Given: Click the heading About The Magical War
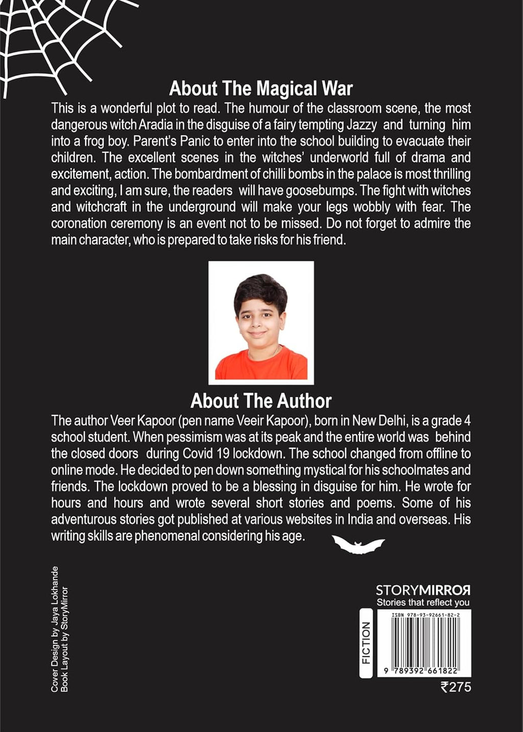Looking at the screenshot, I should [261, 88].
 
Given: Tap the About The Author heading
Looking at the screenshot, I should [261, 401].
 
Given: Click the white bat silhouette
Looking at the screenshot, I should [358, 545].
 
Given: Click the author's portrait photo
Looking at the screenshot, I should [261, 322].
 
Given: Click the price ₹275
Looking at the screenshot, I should [456, 687].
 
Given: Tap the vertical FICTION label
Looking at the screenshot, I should [366, 643].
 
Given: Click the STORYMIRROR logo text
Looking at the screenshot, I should [423, 591].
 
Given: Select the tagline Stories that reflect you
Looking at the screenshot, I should [423, 603].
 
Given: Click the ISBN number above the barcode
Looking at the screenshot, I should [425, 615].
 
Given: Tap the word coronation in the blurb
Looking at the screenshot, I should [79, 223].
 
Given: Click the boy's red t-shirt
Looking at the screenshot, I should [261, 366].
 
